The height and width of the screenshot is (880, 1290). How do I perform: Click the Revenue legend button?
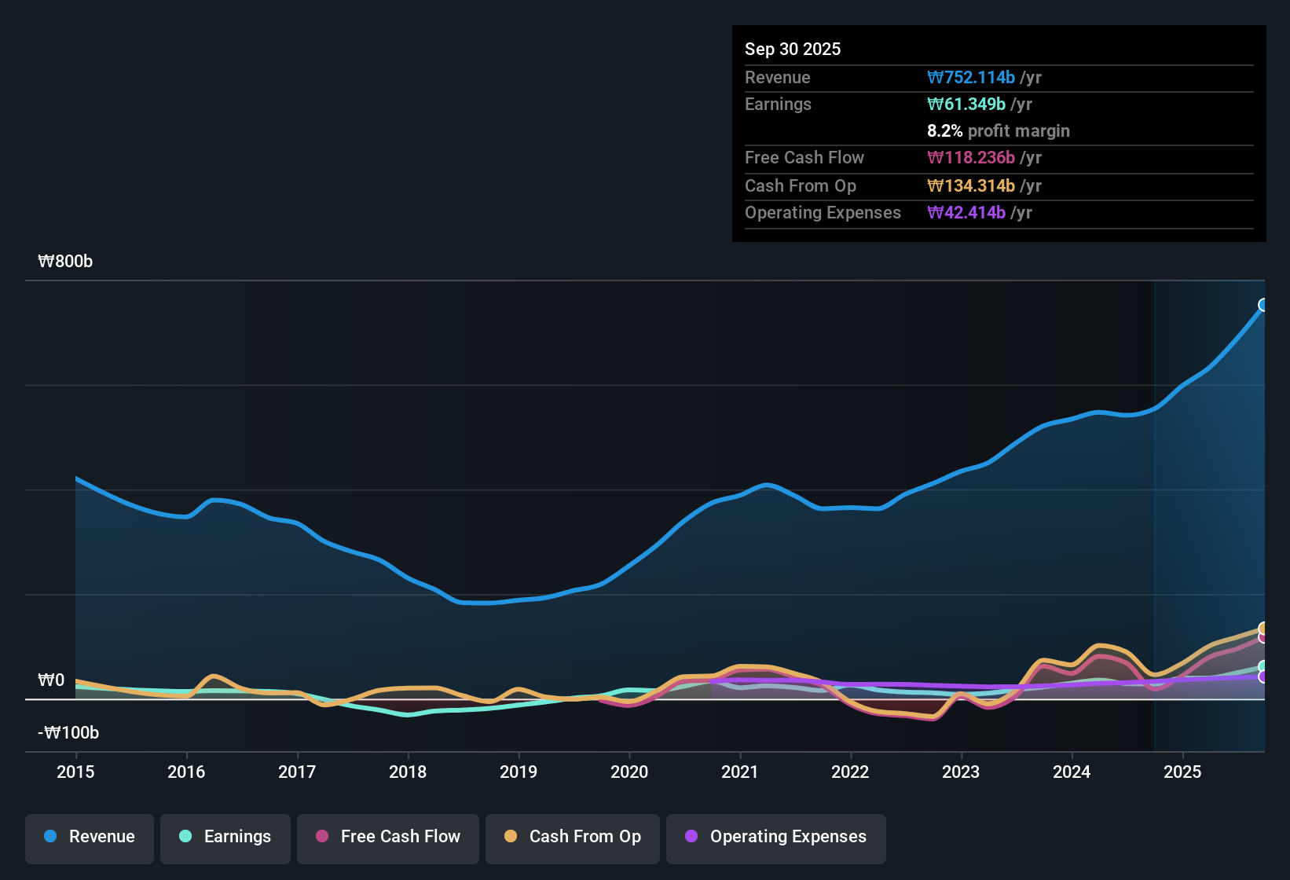90,837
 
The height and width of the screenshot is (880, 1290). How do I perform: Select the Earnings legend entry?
225,837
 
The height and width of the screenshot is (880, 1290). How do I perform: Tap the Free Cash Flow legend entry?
388,837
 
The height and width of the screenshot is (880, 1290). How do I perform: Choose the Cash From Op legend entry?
573,837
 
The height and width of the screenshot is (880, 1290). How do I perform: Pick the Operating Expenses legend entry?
776,837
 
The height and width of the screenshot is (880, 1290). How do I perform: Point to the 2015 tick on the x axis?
75,772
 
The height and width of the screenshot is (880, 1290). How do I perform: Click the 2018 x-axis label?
408,772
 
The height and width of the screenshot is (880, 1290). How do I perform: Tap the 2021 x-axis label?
739,772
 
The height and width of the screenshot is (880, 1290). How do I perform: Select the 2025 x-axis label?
1182,772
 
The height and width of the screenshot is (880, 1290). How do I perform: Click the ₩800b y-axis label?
65,262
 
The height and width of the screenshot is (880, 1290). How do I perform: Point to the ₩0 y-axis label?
51,680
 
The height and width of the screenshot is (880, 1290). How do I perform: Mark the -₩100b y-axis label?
68,733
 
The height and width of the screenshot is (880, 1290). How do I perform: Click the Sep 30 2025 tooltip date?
792,49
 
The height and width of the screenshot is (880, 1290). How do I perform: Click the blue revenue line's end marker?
1263,305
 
